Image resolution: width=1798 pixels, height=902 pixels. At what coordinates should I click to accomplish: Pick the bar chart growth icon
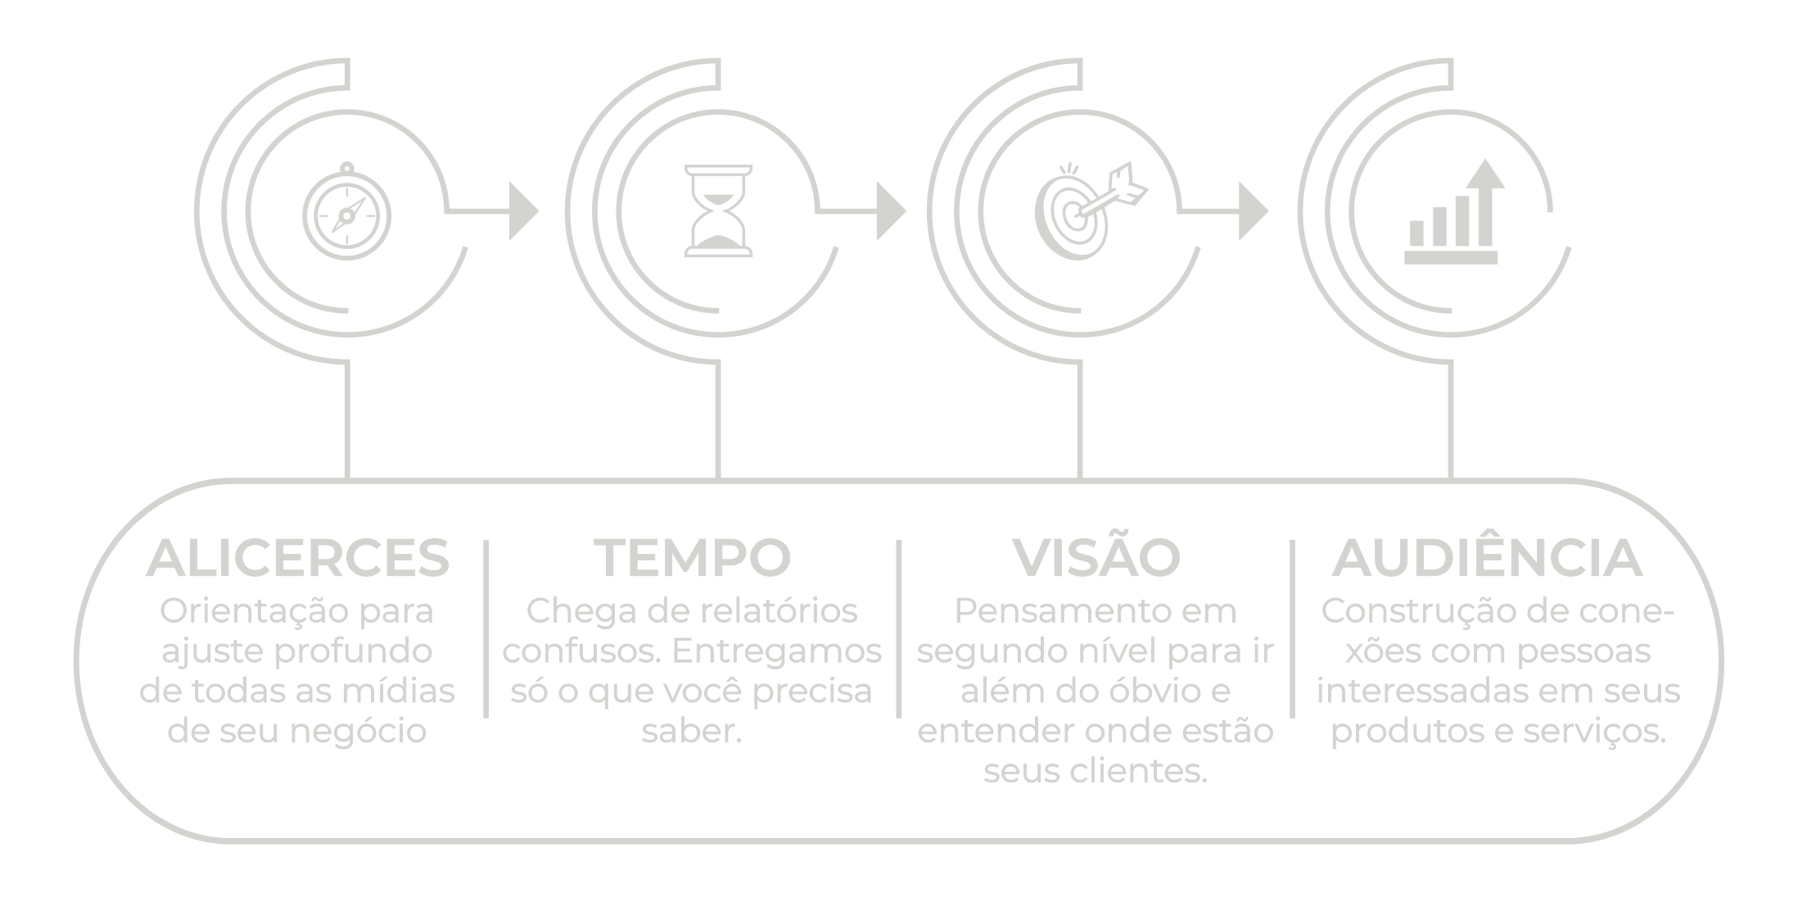click(x=1452, y=215)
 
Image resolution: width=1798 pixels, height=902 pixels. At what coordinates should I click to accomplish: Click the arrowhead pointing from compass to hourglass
click(x=523, y=212)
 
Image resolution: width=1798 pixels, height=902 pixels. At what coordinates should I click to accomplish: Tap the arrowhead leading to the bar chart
click(x=1253, y=212)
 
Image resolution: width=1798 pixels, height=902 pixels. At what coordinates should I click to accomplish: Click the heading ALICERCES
click(x=298, y=559)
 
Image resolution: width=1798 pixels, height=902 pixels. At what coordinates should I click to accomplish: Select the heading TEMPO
click(x=693, y=559)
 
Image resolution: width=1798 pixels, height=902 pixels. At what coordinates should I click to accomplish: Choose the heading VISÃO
click(x=1096, y=557)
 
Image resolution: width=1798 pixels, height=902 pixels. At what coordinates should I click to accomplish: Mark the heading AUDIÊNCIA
click(x=1488, y=557)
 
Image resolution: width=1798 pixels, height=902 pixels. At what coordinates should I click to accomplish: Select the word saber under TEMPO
click(x=688, y=732)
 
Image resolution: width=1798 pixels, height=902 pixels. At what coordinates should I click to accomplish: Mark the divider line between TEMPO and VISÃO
click(x=900, y=628)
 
